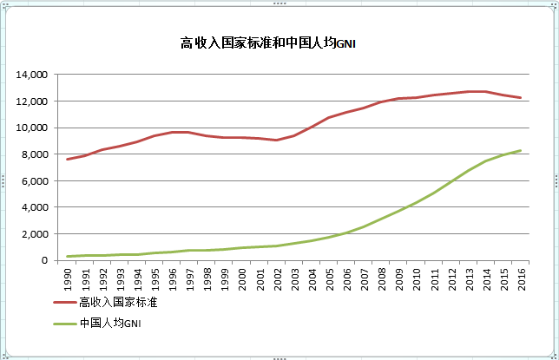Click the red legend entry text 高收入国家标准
coord(117,303)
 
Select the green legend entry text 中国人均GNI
coord(109,324)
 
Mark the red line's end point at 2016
coord(521,97)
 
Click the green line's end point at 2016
coord(521,150)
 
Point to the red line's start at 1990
coord(68,159)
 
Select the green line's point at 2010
coord(416,202)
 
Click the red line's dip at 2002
coord(276,140)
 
